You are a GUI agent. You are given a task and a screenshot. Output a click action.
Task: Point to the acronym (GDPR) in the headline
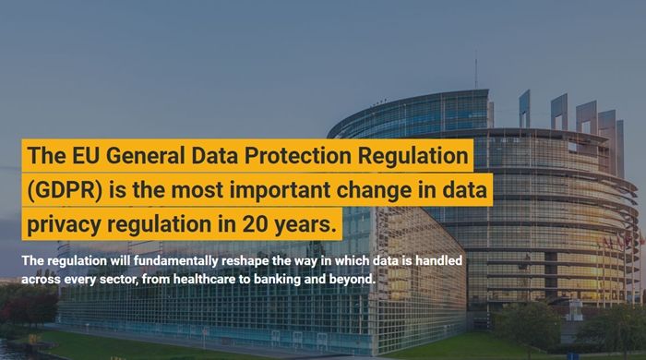(x=63, y=191)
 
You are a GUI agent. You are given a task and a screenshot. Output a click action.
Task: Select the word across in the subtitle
(x=42, y=278)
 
